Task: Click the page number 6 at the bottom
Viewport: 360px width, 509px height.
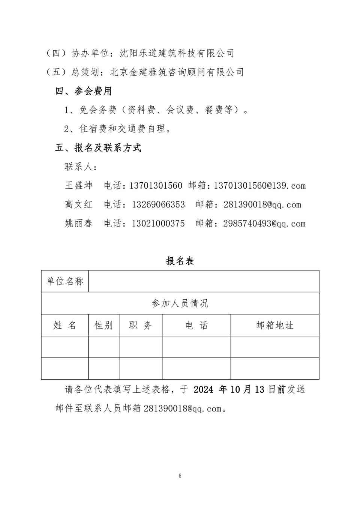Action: click(x=180, y=476)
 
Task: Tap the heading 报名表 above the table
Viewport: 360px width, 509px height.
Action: click(x=180, y=261)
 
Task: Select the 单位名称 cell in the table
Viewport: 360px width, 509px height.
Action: click(x=65, y=281)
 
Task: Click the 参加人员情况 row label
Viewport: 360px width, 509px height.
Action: click(x=180, y=303)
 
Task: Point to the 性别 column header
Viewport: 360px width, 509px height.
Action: click(x=103, y=325)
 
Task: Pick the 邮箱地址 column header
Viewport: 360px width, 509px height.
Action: click(x=274, y=325)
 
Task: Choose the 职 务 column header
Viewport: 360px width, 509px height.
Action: click(x=141, y=325)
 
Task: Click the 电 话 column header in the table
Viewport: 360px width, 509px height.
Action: click(x=196, y=325)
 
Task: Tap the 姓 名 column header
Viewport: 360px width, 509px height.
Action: click(x=65, y=325)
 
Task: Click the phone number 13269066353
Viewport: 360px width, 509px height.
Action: click(x=158, y=205)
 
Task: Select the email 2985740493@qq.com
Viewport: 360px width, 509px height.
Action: click(x=264, y=224)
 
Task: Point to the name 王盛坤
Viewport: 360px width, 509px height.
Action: click(x=78, y=186)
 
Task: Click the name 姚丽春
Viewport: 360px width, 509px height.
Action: click(x=78, y=224)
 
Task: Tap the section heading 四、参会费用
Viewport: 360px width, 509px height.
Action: click(x=84, y=91)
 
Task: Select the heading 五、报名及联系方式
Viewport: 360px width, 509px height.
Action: click(x=98, y=148)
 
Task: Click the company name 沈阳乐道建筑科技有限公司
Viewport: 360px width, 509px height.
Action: click(x=177, y=53)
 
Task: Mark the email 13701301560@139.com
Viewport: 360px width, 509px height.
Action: click(x=259, y=186)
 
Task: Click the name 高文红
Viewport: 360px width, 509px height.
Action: click(x=78, y=205)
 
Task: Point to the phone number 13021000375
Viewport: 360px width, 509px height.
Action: click(x=158, y=224)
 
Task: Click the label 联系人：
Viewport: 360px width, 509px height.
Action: click(x=81, y=167)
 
